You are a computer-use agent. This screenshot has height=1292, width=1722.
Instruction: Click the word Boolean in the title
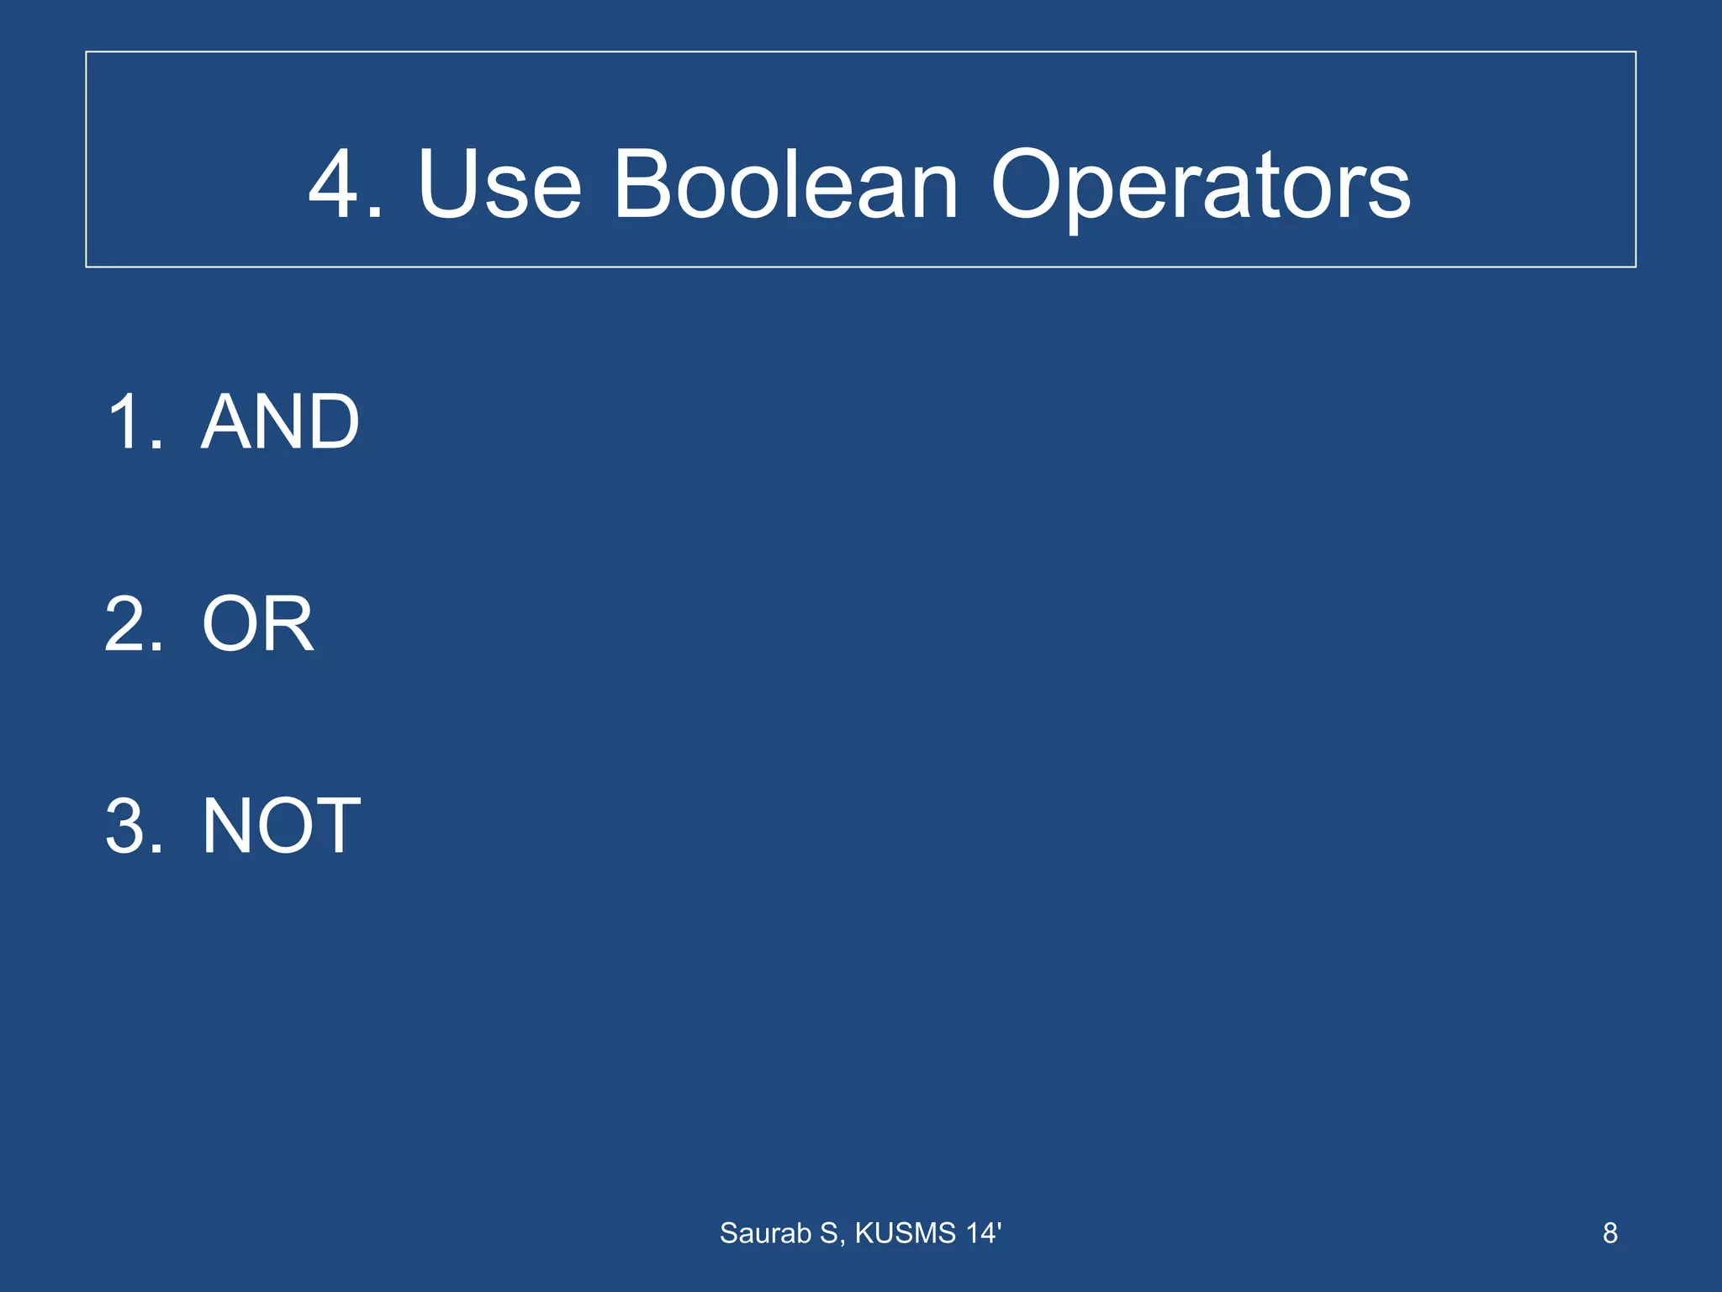[x=785, y=184]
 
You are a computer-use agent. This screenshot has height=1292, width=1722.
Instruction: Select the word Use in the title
[x=499, y=184]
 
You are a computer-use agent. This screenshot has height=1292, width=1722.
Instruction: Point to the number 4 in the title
[x=336, y=184]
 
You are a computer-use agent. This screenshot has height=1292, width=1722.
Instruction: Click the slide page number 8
[x=1609, y=1233]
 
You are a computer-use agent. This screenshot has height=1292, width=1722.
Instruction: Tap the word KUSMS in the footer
[x=906, y=1233]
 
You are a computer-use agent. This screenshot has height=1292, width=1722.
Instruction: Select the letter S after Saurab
[x=829, y=1233]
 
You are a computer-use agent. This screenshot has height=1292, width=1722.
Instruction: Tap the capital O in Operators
[x=1028, y=184]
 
